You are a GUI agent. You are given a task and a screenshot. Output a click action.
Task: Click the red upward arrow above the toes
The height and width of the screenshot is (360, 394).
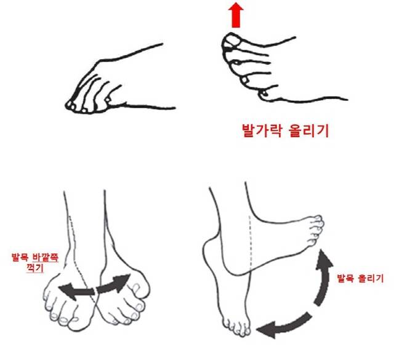tap(235, 16)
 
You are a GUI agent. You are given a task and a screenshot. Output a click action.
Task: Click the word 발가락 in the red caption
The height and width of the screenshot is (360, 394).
tap(260, 131)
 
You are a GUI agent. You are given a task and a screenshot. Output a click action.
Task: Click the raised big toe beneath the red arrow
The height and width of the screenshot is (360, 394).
tap(232, 41)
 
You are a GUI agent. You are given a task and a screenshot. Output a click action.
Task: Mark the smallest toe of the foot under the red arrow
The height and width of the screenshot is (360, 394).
tap(265, 93)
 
